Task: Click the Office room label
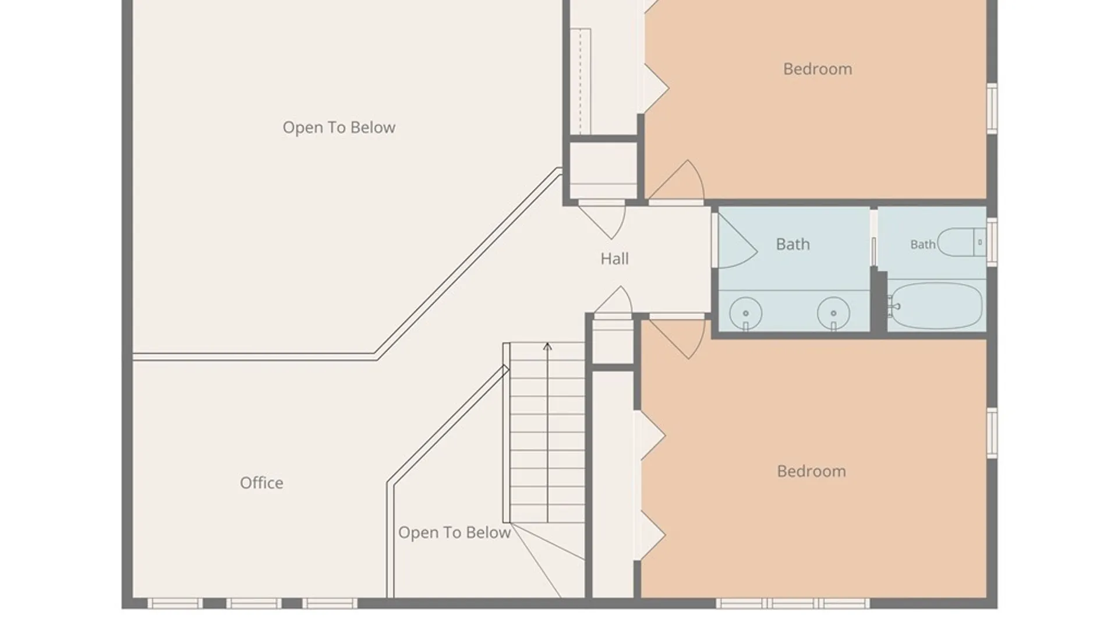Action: pos(261,483)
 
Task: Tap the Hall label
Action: pos(614,259)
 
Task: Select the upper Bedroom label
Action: pos(818,69)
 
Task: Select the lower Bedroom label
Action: pos(811,471)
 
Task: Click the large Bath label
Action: pos(792,244)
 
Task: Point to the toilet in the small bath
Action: pos(961,242)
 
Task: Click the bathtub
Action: pos(936,306)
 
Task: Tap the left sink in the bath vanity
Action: pos(745,313)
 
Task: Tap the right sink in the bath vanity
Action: pos(833,313)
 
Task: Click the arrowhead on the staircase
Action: pos(547,347)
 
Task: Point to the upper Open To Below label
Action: pos(339,128)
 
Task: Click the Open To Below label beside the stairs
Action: pos(454,532)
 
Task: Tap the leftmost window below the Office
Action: pos(175,603)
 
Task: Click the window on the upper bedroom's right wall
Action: pos(992,108)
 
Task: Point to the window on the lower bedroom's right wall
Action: pos(992,433)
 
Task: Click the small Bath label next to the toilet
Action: pos(923,245)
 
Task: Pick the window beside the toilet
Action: pos(992,242)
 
